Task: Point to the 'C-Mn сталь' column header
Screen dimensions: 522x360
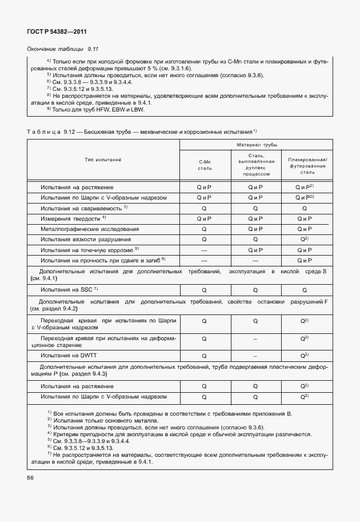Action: click(205, 166)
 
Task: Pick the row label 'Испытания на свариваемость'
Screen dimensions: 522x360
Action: click(83, 208)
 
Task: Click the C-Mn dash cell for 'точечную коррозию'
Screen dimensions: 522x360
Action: click(205, 250)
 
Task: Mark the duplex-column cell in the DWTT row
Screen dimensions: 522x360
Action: click(255, 356)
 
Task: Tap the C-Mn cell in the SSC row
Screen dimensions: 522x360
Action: click(205, 290)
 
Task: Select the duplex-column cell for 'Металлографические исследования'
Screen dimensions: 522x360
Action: click(255, 229)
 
